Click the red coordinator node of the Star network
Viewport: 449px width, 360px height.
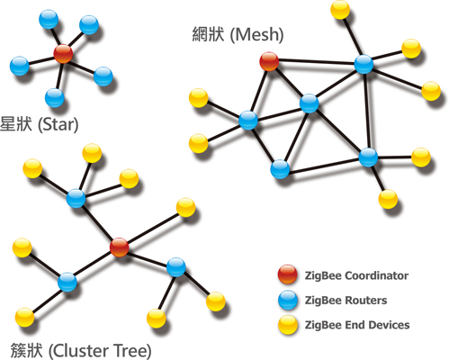tap(63, 54)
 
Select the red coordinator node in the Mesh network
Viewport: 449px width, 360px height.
tap(269, 61)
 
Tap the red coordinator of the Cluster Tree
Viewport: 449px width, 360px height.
tap(119, 247)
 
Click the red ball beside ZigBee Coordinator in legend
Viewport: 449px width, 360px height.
tap(287, 274)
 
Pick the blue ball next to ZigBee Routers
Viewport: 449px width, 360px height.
tap(288, 300)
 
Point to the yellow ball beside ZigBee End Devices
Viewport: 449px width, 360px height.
tap(288, 325)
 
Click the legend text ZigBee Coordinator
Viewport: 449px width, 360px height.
tap(356, 275)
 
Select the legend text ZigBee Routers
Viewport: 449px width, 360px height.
tap(346, 301)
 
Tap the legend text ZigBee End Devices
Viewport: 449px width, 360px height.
tap(357, 325)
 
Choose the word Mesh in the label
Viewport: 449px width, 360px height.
tap(256, 34)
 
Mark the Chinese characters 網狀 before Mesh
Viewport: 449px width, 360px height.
tap(208, 34)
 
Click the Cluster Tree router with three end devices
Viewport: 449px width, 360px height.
tap(76, 198)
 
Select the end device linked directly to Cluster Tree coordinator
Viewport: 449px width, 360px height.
tap(185, 207)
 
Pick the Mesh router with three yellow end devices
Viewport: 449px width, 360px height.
tap(364, 64)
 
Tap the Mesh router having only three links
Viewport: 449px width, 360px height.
tap(280, 169)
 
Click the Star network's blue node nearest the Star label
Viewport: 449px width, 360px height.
tap(55, 98)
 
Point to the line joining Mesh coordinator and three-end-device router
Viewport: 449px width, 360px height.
tap(317, 63)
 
